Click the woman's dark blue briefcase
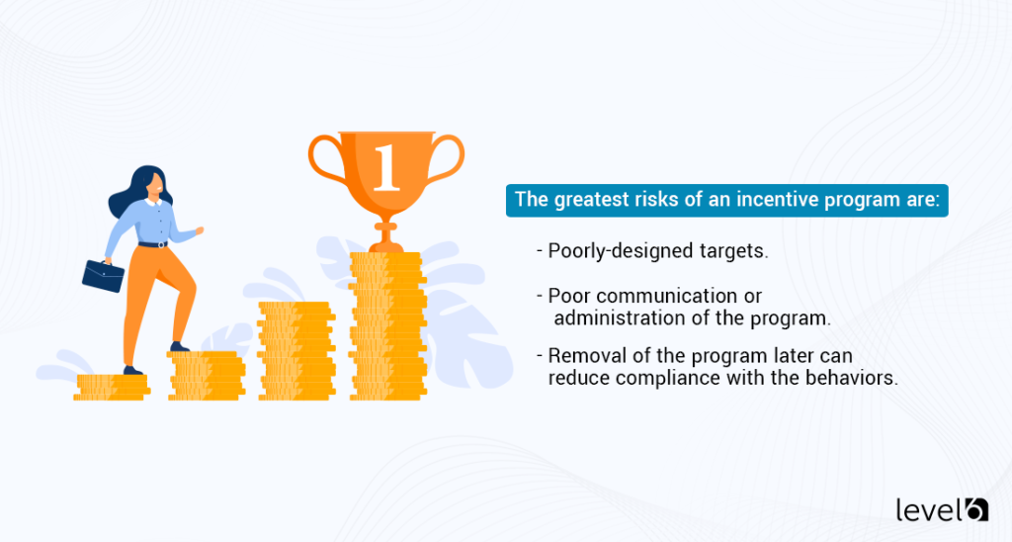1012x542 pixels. (x=103, y=275)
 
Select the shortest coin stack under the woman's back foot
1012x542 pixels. (x=111, y=387)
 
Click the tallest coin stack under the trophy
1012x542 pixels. (x=386, y=326)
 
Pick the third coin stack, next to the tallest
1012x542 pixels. (x=296, y=351)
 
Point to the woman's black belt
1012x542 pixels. (x=153, y=243)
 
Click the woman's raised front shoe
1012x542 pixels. (x=179, y=346)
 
